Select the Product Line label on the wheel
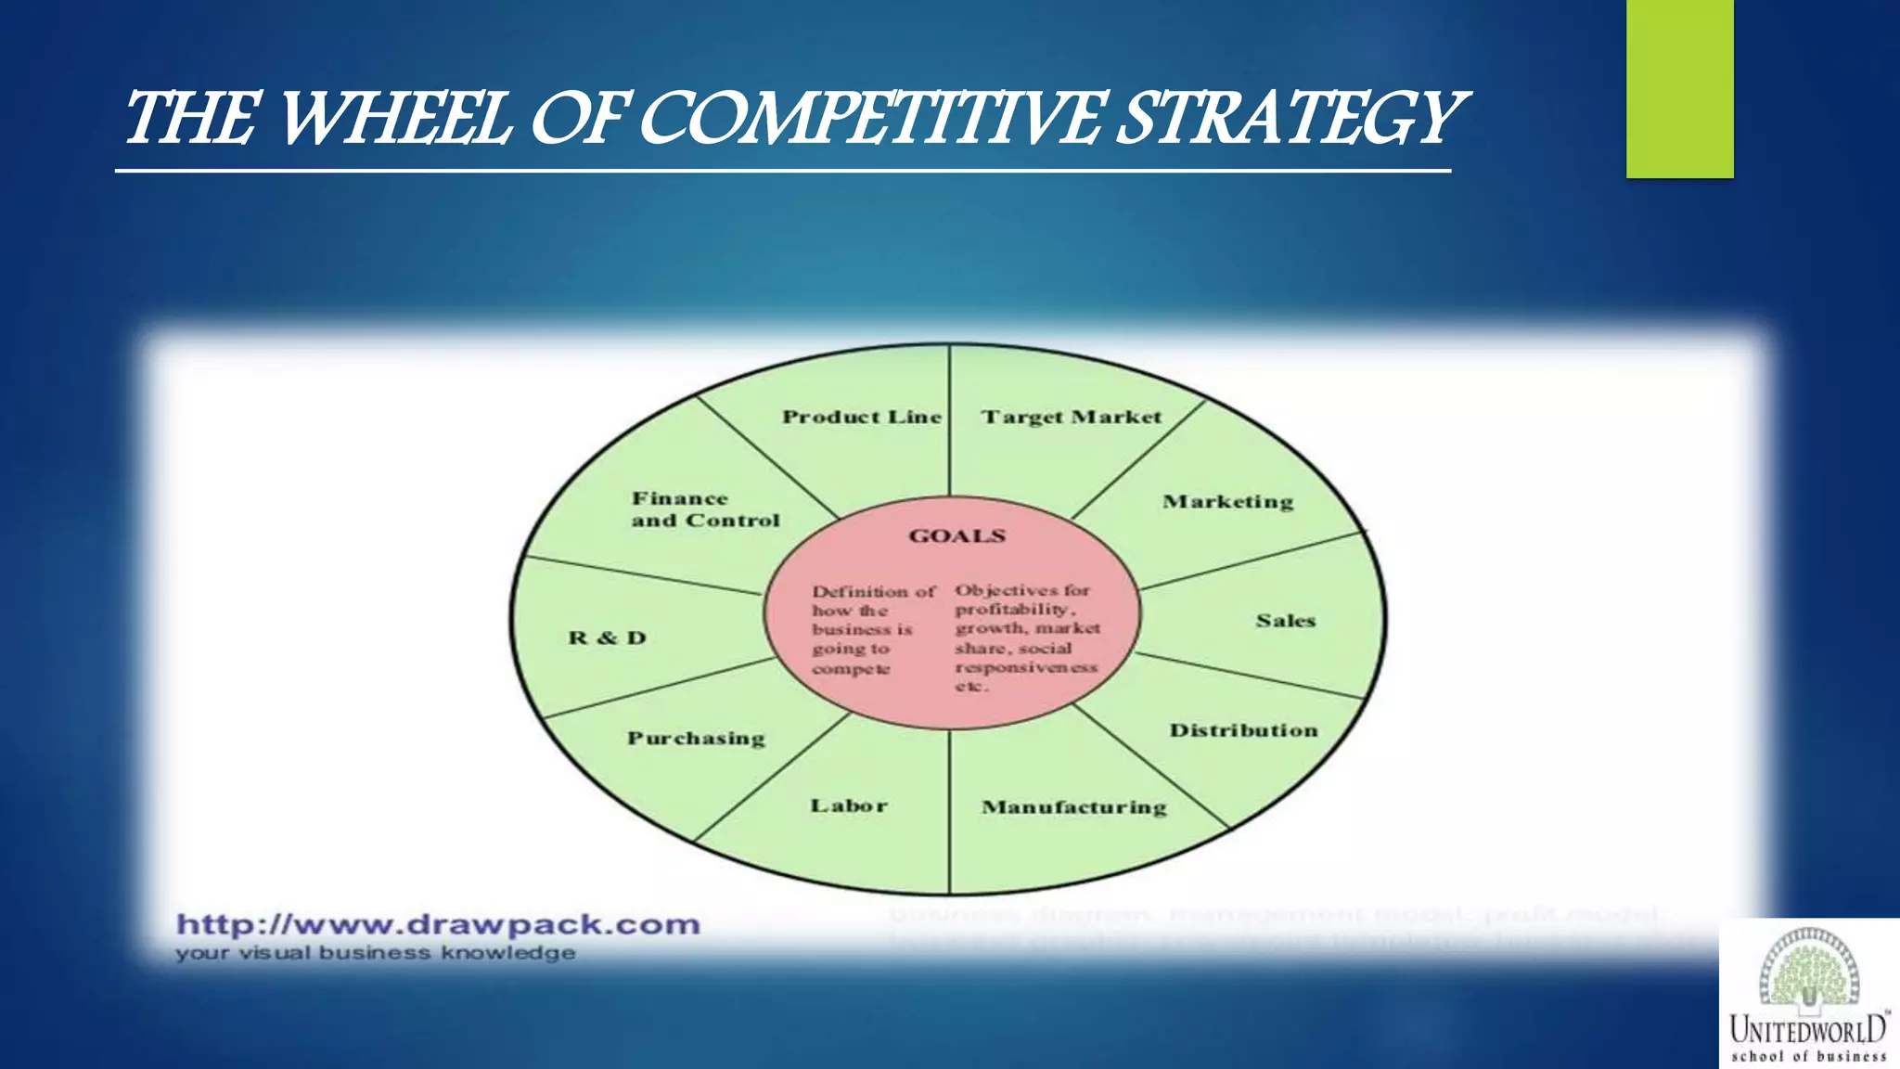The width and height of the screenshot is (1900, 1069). point(861,418)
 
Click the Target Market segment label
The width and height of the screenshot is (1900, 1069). point(1072,418)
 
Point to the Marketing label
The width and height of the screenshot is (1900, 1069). point(1227,502)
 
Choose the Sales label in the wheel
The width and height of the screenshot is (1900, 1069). point(1286,621)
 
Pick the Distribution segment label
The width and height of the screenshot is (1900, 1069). point(1243,730)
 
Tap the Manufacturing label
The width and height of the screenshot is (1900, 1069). point(1074,807)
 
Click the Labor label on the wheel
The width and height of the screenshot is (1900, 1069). point(849,805)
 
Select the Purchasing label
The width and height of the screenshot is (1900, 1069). point(696,739)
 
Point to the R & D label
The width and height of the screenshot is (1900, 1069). point(607,638)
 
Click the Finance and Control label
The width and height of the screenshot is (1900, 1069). point(705,509)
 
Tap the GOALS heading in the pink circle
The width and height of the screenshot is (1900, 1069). point(956,536)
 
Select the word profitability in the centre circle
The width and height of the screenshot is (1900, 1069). point(1014,610)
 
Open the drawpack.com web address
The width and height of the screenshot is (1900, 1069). point(438,924)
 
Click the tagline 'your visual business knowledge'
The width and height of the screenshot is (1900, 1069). point(375,953)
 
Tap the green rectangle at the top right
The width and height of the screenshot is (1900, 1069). point(1679,88)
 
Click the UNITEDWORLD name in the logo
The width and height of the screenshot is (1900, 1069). point(1807,1028)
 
